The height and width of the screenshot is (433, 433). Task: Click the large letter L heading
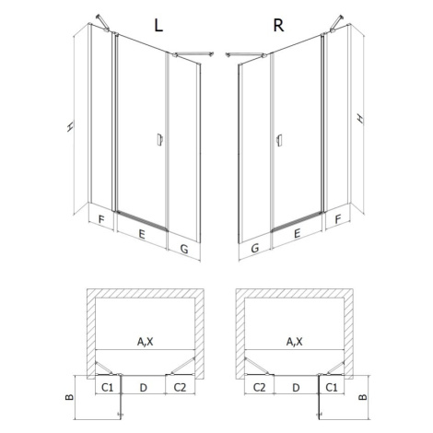(x=158, y=26)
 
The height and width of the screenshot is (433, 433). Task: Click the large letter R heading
(x=278, y=26)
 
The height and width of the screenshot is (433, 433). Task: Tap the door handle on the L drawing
(x=159, y=139)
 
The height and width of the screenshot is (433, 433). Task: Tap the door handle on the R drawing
(x=279, y=140)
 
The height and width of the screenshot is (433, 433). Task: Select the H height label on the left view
(x=70, y=126)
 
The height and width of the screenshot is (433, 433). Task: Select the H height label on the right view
(x=360, y=118)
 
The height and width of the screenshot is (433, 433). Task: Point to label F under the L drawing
(x=101, y=220)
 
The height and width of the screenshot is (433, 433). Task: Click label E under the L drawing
(x=142, y=234)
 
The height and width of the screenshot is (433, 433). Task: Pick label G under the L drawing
(x=184, y=249)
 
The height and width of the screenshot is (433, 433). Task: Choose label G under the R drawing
(x=255, y=248)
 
